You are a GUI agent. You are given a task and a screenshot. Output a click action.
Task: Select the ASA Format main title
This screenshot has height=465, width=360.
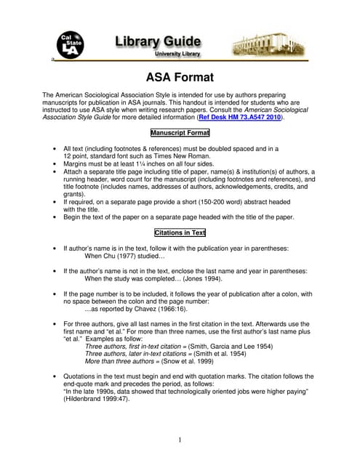[x=180, y=78]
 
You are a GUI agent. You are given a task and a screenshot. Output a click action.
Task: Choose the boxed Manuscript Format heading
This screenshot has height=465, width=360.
[x=180, y=133]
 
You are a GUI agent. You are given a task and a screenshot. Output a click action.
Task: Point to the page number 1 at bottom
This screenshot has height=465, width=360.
[x=180, y=440]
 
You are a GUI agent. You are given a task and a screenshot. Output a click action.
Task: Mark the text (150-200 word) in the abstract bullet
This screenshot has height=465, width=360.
[x=197, y=202]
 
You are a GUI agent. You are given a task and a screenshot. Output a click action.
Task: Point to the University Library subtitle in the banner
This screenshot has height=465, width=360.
[x=179, y=54]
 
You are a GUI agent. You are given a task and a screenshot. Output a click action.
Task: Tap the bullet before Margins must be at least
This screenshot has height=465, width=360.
[x=56, y=164]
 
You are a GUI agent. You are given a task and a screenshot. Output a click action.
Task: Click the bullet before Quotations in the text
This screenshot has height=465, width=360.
[x=56, y=376]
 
